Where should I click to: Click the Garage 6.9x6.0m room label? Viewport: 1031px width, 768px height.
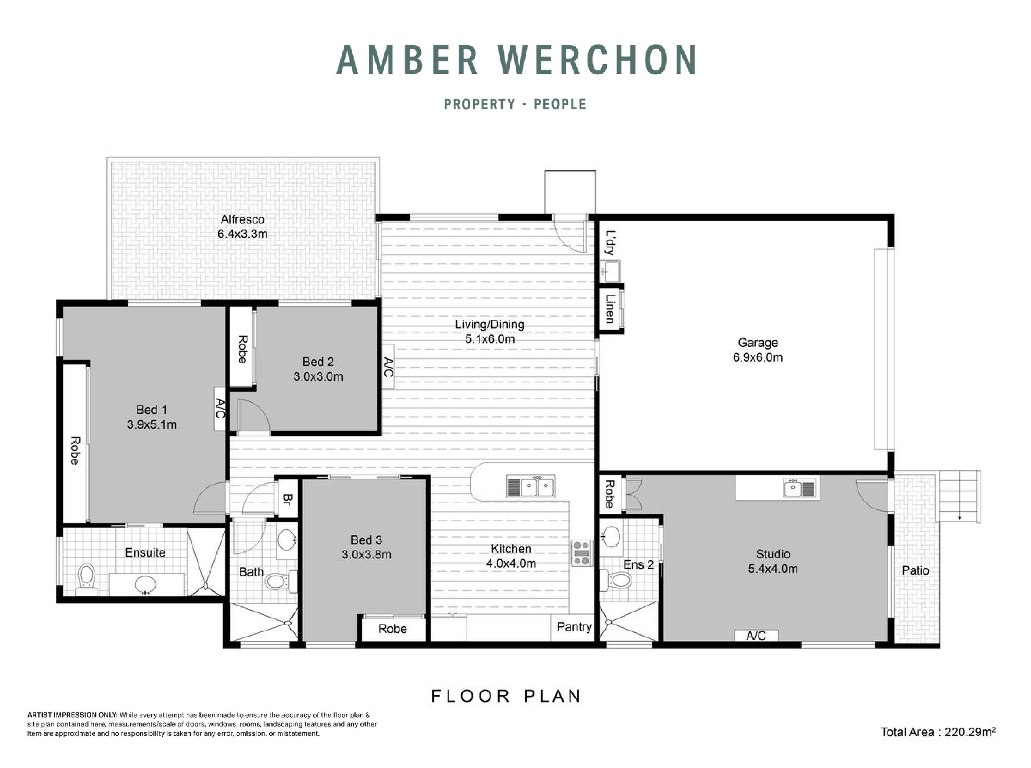click(757, 350)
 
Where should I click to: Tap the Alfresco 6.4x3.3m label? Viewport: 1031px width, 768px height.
click(242, 226)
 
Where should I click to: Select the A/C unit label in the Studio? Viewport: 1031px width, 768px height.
click(756, 636)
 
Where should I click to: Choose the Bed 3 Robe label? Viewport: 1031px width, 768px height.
click(392, 629)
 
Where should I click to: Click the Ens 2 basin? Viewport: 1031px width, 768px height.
click(611, 537)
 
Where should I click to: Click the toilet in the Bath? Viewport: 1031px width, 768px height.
click(277, 581)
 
